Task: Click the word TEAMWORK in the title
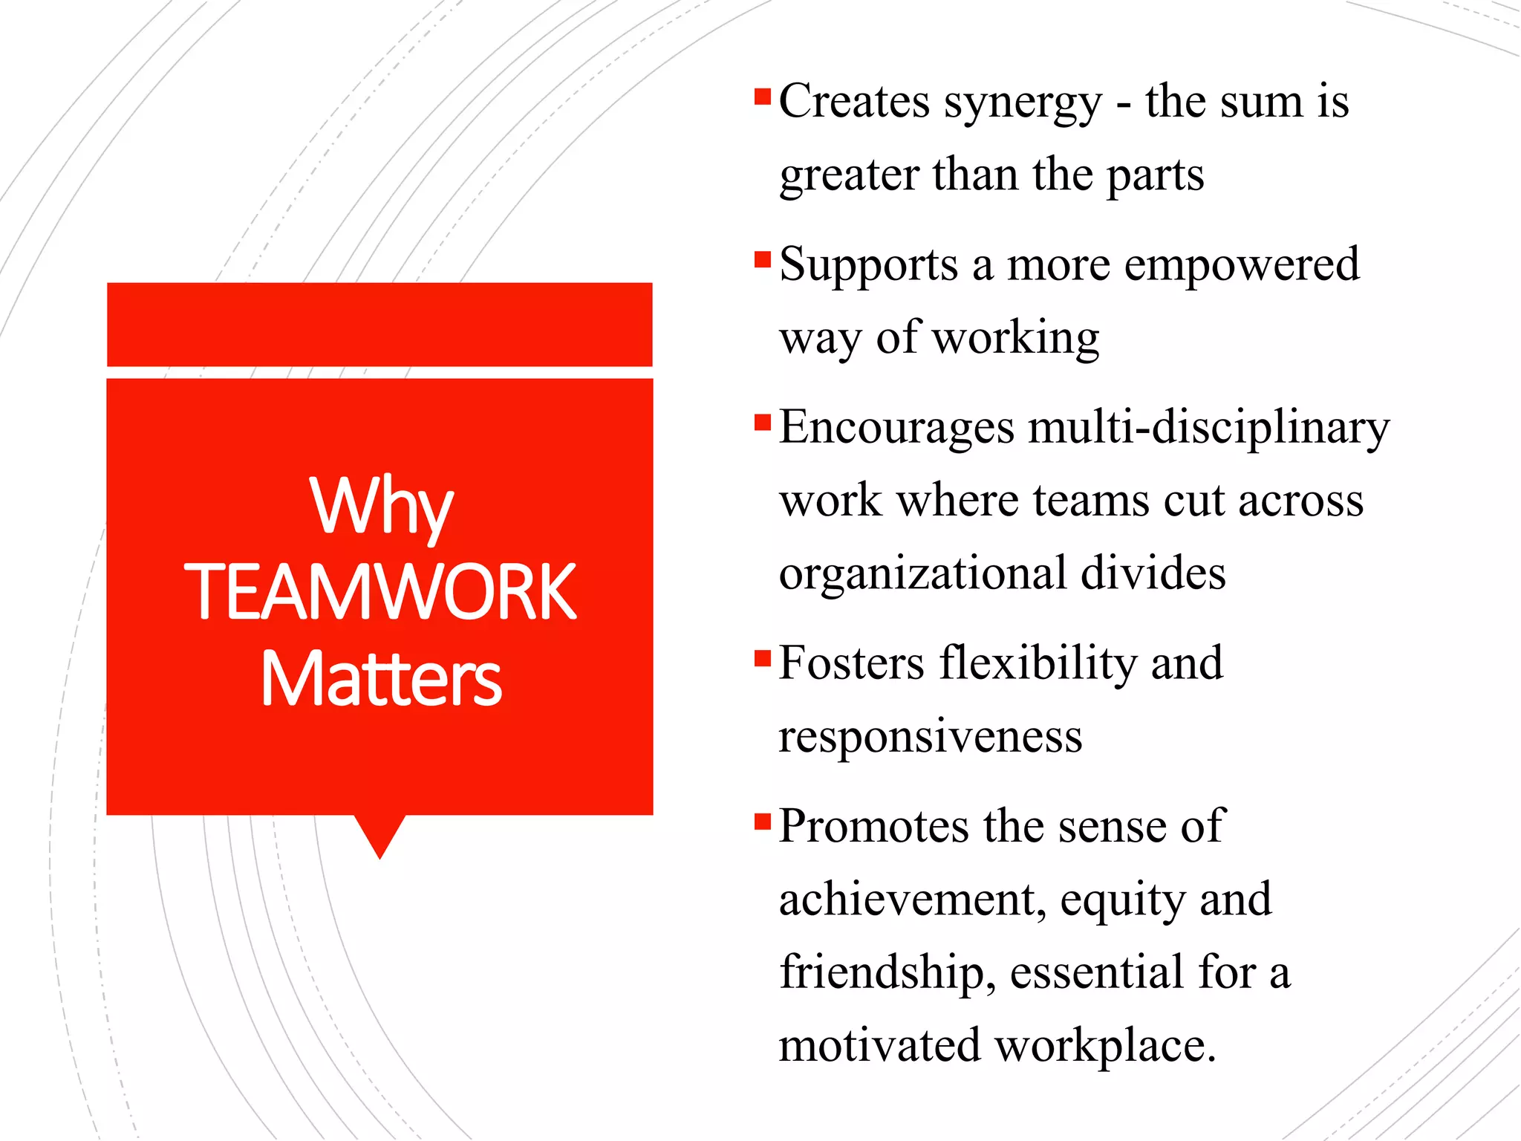[x=380, y=592]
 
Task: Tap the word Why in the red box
[x=381, y=507]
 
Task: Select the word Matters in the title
[x=381, y=678]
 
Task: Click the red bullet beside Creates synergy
[x=762, y=97]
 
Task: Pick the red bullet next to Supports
[x=762, y=260]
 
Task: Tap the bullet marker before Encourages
[x=762, y=423]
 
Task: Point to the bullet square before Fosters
[x=762, y=659]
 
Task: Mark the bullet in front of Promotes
[x=762, y=822]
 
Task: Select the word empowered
[x=1242, y=264]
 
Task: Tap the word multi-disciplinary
[x=1208, y=429]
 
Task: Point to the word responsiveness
[x=931, y=736]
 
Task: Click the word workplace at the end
[x=1104, y=1046]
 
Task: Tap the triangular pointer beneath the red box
[x=380, y=833]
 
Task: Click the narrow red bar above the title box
[x=380, y=325]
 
